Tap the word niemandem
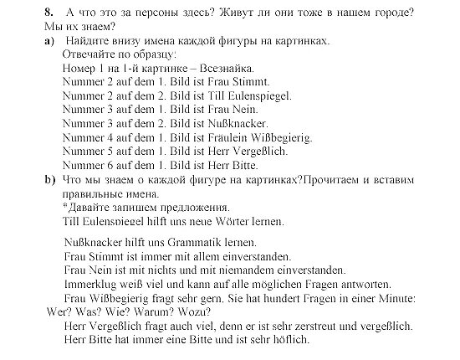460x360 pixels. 250,270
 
